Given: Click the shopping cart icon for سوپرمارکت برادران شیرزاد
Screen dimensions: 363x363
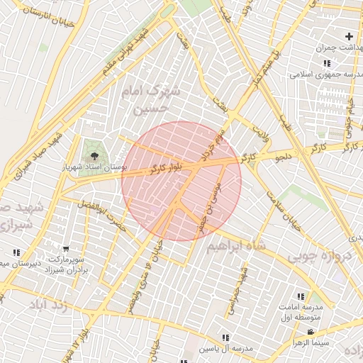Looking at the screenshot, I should pyautogui.click(x=66, y=249).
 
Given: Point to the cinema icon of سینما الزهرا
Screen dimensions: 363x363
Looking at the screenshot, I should pyautogui.click(x=310, y=333).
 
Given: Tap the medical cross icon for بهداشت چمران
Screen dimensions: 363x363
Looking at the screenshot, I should pyautogui.click(x=348, y=36).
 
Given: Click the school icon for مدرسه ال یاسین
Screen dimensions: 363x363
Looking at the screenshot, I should pyautogui.click(x=225, y=337).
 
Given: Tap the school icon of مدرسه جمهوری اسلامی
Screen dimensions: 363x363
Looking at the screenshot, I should pyautogui.click(x=326, y=63).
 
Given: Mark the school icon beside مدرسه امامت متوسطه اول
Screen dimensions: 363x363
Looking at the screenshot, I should pyautogui.click(x=301, y=296).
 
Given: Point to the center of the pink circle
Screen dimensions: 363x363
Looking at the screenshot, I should pyautogui.click(x=181, y=181).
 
